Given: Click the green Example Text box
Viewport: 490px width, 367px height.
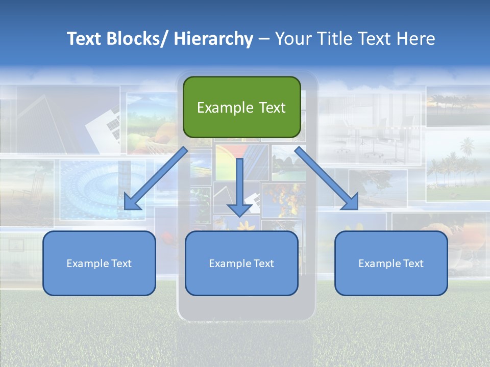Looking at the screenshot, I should pyautogui.click(x=241, y=107).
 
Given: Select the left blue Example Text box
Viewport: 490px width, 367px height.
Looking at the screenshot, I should pyautogui.click(x=99, y=263).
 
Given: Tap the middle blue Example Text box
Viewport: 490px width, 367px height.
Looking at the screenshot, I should pyautogui.click(x=241, y=263).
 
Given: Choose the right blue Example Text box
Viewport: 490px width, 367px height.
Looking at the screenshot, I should pyautogui.click(x=391, y=263).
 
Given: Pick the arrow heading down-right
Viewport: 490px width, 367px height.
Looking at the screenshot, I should pyautogui.click(x=327, y=178).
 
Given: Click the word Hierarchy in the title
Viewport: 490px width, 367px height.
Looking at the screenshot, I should pyautogui.click(x=213, y=39).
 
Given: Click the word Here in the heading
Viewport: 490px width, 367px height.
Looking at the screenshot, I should pyautogui.click(x=417, y=39).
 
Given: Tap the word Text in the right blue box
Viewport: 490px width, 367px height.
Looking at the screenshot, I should pyautogui.click(x=412, y=263).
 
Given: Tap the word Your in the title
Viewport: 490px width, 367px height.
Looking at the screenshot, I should pyautogui.click(x=292, y=39).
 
